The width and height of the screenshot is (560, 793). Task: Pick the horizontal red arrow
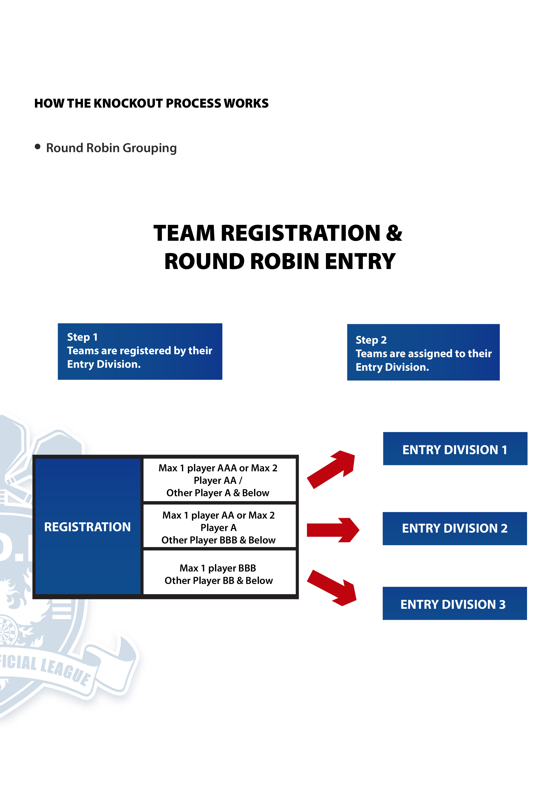(x=333, y=530)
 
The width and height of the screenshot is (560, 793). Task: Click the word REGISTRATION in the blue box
(x=87, y=527)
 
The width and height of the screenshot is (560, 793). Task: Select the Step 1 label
(x=82, y=337)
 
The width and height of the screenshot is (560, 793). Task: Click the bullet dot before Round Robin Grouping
(x=38, y=147)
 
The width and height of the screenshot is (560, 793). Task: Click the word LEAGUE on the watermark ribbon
(x=65, y=670)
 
